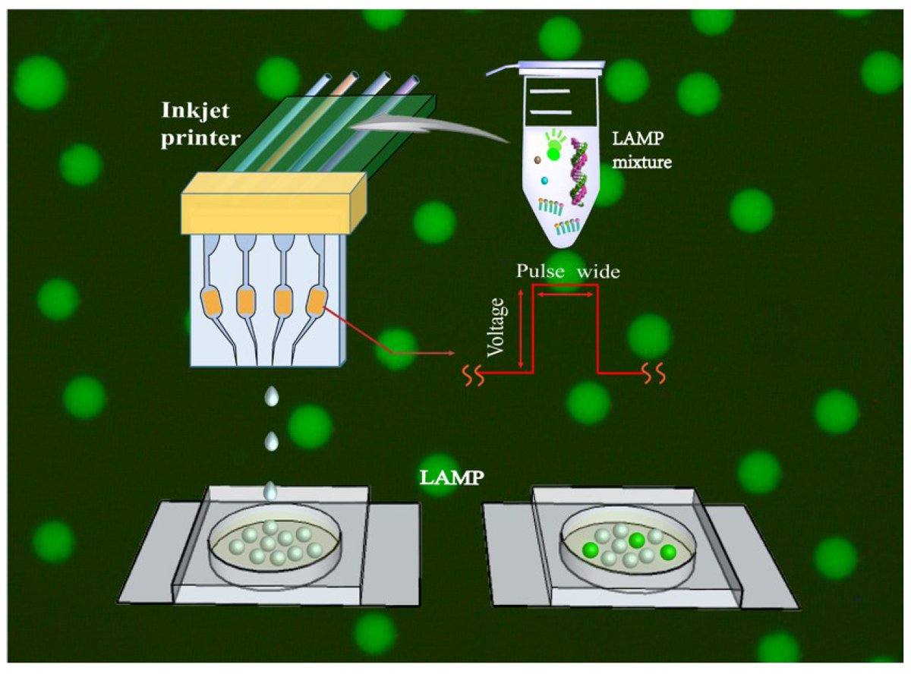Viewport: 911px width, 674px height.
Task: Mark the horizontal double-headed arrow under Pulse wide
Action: pos(565,294)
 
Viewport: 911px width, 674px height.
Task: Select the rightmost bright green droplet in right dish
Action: pos(668,551)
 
